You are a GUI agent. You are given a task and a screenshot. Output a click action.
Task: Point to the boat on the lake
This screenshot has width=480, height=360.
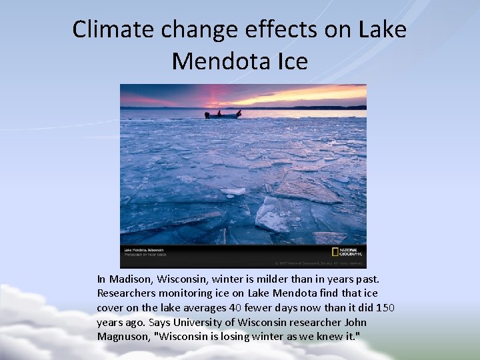point(223,115)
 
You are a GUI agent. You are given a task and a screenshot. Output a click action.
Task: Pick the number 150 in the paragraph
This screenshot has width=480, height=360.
point(385,307)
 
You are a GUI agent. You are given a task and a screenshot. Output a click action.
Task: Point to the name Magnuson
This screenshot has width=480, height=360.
point(122,336)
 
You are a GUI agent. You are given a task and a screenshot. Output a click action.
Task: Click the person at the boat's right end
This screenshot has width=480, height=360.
point(239,113)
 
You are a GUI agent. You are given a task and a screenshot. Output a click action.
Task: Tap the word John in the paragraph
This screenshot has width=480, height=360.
point(354,322)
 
